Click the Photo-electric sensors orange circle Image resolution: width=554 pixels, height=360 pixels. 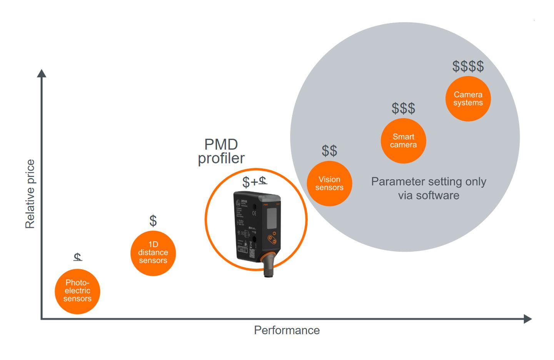click(77, 291)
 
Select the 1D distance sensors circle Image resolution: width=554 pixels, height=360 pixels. click(153, 253)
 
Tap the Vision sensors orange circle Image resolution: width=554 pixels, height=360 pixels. click(329, 183)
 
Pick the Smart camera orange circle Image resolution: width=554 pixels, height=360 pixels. click(403, 141)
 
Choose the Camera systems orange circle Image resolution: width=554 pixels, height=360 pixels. click(468, 99)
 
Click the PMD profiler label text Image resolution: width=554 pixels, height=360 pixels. click(221, 152)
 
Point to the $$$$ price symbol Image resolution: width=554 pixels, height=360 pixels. click(468, 66)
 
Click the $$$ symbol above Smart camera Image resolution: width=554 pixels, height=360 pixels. click(403, 108)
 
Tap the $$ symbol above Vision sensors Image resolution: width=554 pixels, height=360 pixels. click(329, 151)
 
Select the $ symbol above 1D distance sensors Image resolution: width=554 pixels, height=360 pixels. click(153, 221)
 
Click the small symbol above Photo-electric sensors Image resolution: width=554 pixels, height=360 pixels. click(78, 257)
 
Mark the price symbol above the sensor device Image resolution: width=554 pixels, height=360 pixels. click(254, 182)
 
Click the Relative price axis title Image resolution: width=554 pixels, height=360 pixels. click(30, 194)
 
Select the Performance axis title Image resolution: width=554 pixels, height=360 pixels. click(287, 330)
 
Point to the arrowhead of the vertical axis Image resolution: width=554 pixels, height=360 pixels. click(42, 73)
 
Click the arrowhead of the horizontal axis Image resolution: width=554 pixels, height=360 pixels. click(528, 319)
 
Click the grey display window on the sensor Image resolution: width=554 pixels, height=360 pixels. click(272, 218)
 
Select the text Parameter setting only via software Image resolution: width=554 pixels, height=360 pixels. click(429, 188)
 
